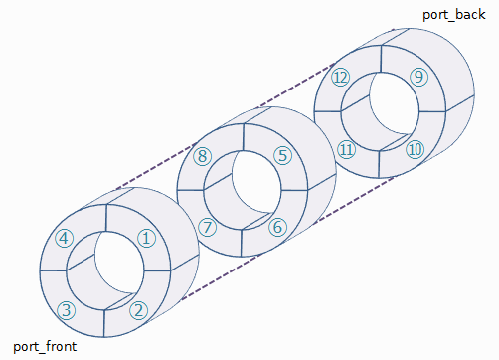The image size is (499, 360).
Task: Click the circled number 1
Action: coord(146,239)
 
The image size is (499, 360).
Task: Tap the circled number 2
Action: coord(138,310)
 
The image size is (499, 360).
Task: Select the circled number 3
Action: coord(67,310)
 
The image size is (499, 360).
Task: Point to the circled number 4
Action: coord(64,239)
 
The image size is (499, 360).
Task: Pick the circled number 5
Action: coord(282,155)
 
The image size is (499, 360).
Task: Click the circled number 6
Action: coord(277,227)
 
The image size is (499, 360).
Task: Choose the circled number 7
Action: coord(207,227)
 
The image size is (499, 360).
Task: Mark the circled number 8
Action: coord(203,156)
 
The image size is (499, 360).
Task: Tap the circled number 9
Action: coord(419,77)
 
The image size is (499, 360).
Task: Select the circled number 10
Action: coord(416,149)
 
